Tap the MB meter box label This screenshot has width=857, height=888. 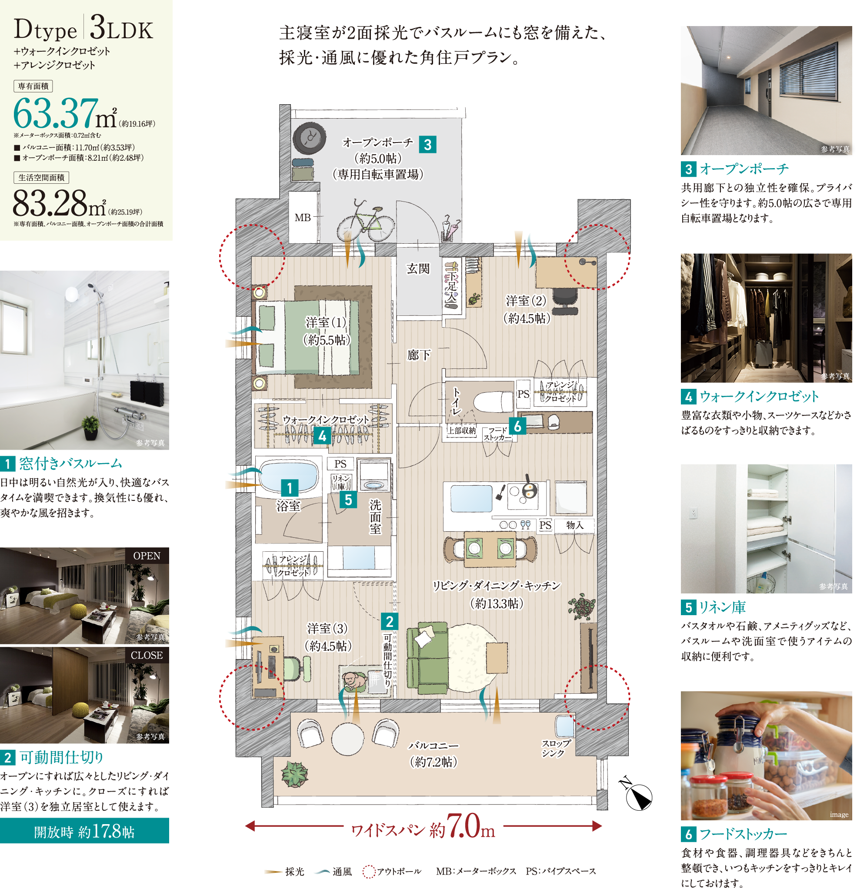tap(303, 218)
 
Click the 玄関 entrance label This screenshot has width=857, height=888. tap(417, 268)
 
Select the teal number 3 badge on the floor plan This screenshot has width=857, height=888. tap(427, 145)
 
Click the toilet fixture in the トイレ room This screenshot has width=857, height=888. tap(493, 401)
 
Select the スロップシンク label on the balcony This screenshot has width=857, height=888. tap(556, 748)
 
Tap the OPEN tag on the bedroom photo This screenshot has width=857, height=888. tap(147, 556)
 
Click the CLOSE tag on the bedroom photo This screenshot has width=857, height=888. tap(147, 655)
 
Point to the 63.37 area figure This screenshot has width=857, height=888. tap(56, 113)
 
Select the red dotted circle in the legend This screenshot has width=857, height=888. tap(369, 871)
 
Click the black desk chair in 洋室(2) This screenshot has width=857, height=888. tap(564, 300)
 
